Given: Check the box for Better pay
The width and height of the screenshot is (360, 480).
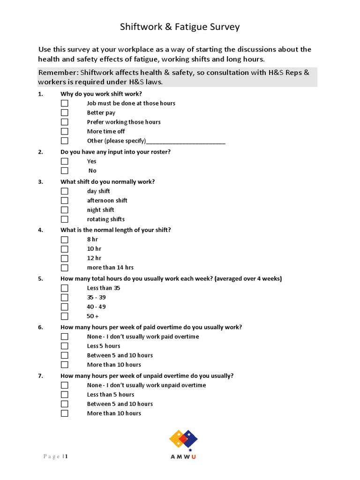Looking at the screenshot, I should coord(64,112).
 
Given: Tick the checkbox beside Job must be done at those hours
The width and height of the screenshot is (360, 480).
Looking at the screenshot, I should coord(64,103).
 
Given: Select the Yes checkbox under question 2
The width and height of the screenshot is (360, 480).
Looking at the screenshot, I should coord(64,161).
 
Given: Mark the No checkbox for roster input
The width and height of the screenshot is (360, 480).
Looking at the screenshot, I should coord(64,171).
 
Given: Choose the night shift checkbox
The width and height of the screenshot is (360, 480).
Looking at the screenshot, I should coord(64,210).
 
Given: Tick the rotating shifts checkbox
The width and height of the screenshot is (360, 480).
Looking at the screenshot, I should coord(64,219).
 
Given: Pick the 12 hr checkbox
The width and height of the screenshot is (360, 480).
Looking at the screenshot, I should coord(64,258).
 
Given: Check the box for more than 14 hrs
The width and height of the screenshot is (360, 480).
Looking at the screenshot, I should coord(64,268).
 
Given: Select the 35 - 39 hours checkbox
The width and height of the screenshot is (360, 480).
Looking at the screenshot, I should coord(64,298).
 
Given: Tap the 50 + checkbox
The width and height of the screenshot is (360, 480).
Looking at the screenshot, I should coord(64,316).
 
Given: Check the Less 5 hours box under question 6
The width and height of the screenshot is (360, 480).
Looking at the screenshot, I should coord(64,346).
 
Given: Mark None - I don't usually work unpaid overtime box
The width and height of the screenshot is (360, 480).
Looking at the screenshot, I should coord(64,385).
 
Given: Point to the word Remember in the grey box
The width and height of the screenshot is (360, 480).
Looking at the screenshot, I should coord(58,73).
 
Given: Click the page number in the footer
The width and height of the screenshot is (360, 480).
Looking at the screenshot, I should coord(67,457).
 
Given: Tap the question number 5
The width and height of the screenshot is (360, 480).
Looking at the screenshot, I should coord(40,279).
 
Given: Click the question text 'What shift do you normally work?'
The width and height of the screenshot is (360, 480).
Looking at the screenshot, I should coord(107,181).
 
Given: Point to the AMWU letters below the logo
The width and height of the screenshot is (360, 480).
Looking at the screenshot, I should coord(183,457).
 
